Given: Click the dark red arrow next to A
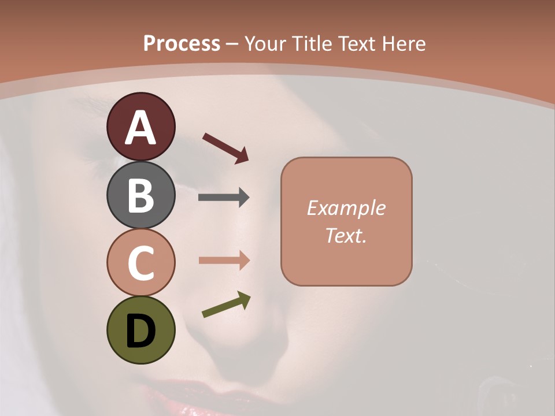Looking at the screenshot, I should [x=225, y=147].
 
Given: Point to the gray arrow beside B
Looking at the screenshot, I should [x=224, y=198].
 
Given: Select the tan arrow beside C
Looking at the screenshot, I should [x=224, y=261].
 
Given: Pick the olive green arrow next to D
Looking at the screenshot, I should [x=226, y=305].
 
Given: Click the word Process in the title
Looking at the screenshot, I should [x=182, y=43].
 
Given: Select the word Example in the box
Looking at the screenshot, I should [x=346, y=208].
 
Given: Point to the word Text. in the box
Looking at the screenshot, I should [x=346, y=235].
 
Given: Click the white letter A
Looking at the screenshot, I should [x=140, y=128].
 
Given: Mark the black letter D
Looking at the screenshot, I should [x=140, y=331].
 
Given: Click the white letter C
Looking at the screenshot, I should [x=140, y=263].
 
